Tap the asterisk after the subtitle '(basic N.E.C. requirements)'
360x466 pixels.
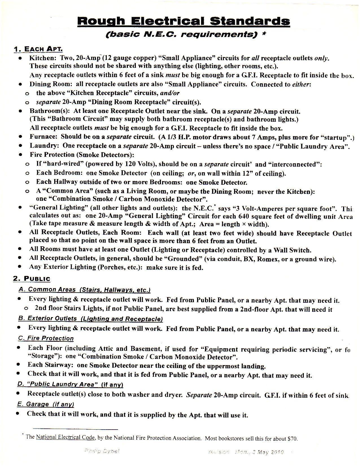click(x=264, y=34)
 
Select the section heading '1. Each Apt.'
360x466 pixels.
click(x=38, y=49)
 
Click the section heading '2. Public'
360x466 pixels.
click(x=32, y=279)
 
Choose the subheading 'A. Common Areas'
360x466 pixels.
click(x=47, y=290)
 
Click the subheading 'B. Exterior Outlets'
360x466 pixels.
click(x=47, y=319)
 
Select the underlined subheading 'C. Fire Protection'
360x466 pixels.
click(x=45, y=338)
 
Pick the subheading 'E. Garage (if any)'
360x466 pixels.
click(x=45, y=404)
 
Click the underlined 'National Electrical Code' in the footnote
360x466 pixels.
click(x=65, y=437)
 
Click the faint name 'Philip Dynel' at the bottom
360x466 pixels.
click(x=102, y=451)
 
